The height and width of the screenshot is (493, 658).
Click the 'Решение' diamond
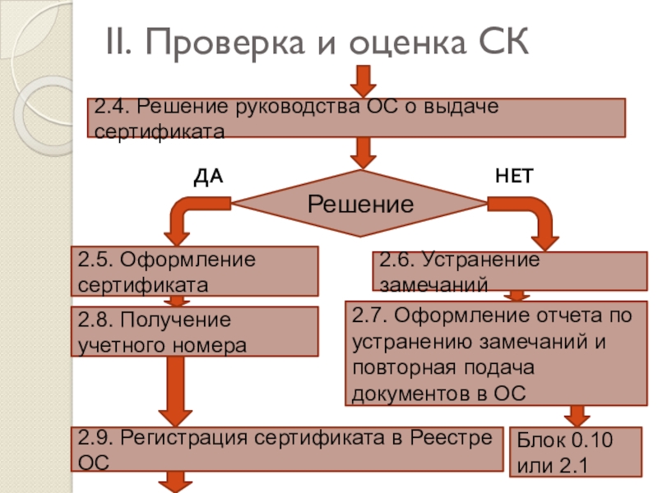[360, 203]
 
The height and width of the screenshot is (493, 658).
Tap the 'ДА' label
[208, 176]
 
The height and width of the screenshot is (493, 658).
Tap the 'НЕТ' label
[514, 176]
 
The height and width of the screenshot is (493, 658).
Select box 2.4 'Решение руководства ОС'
[356, 117]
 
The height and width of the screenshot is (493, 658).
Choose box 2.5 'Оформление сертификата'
[197, 271]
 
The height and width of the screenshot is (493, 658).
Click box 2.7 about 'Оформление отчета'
[496, 353]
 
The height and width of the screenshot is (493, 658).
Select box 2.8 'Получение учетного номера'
[197, 331]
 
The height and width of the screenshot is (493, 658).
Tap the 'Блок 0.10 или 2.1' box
[576, 452]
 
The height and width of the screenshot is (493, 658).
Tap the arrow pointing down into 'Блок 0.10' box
[576, 414]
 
